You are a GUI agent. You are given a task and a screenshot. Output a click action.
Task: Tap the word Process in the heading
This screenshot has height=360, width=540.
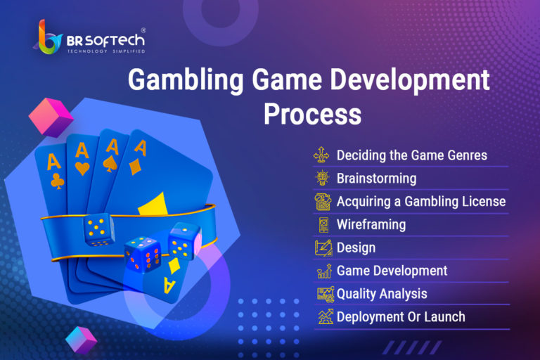pos(312,115)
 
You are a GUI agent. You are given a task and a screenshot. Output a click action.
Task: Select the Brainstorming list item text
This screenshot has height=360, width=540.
pos(376,179)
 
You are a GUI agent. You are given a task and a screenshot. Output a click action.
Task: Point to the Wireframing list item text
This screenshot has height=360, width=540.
pos(371,224)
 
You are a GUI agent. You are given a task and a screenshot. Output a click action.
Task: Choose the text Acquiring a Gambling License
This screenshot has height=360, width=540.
pos(421,202)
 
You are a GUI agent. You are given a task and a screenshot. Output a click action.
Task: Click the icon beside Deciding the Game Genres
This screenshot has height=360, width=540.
pos(321,155)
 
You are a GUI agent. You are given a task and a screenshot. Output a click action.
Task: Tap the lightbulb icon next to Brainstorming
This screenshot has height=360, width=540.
pos(323,178)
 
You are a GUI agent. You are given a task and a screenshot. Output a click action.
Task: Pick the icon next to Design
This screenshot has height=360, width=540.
pos(323,247)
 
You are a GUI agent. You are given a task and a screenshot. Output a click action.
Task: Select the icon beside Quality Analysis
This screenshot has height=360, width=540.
pos(326,294)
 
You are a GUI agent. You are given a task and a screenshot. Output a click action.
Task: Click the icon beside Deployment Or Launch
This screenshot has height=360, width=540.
pos(326,316)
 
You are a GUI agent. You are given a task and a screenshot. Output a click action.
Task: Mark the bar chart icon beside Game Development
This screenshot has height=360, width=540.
pos(324,271)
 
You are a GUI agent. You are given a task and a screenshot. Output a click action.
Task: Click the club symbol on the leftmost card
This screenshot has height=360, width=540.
pos(58,181)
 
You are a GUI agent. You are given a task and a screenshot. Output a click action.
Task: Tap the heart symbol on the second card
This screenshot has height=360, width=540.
pos(82,169)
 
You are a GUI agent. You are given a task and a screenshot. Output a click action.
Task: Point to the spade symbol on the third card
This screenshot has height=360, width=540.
pos(110,164)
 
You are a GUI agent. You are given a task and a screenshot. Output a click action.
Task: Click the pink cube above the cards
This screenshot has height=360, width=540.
pos(51,117)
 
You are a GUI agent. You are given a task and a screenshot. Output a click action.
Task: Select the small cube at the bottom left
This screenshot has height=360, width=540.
pos(82,340)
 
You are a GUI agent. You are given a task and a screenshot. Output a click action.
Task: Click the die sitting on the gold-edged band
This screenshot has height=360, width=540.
pos(99,229)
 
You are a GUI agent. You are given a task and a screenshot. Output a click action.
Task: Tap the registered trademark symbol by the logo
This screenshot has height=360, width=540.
pos(143,30)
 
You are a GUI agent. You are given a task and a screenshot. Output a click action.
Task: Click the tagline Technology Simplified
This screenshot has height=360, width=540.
pos(106,51)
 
